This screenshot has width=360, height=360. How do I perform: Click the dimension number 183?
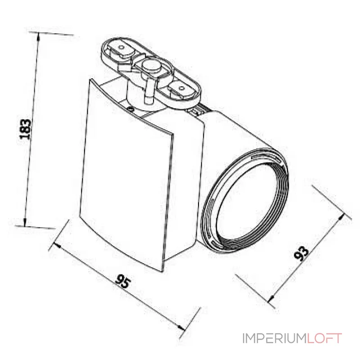point(27,129)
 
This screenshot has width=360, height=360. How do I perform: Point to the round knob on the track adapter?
point(151,66)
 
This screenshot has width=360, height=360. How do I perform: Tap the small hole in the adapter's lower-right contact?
point(181,88)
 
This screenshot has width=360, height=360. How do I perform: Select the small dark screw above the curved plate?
point(130,108)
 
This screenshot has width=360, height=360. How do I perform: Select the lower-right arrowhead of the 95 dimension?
point(183,327)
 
